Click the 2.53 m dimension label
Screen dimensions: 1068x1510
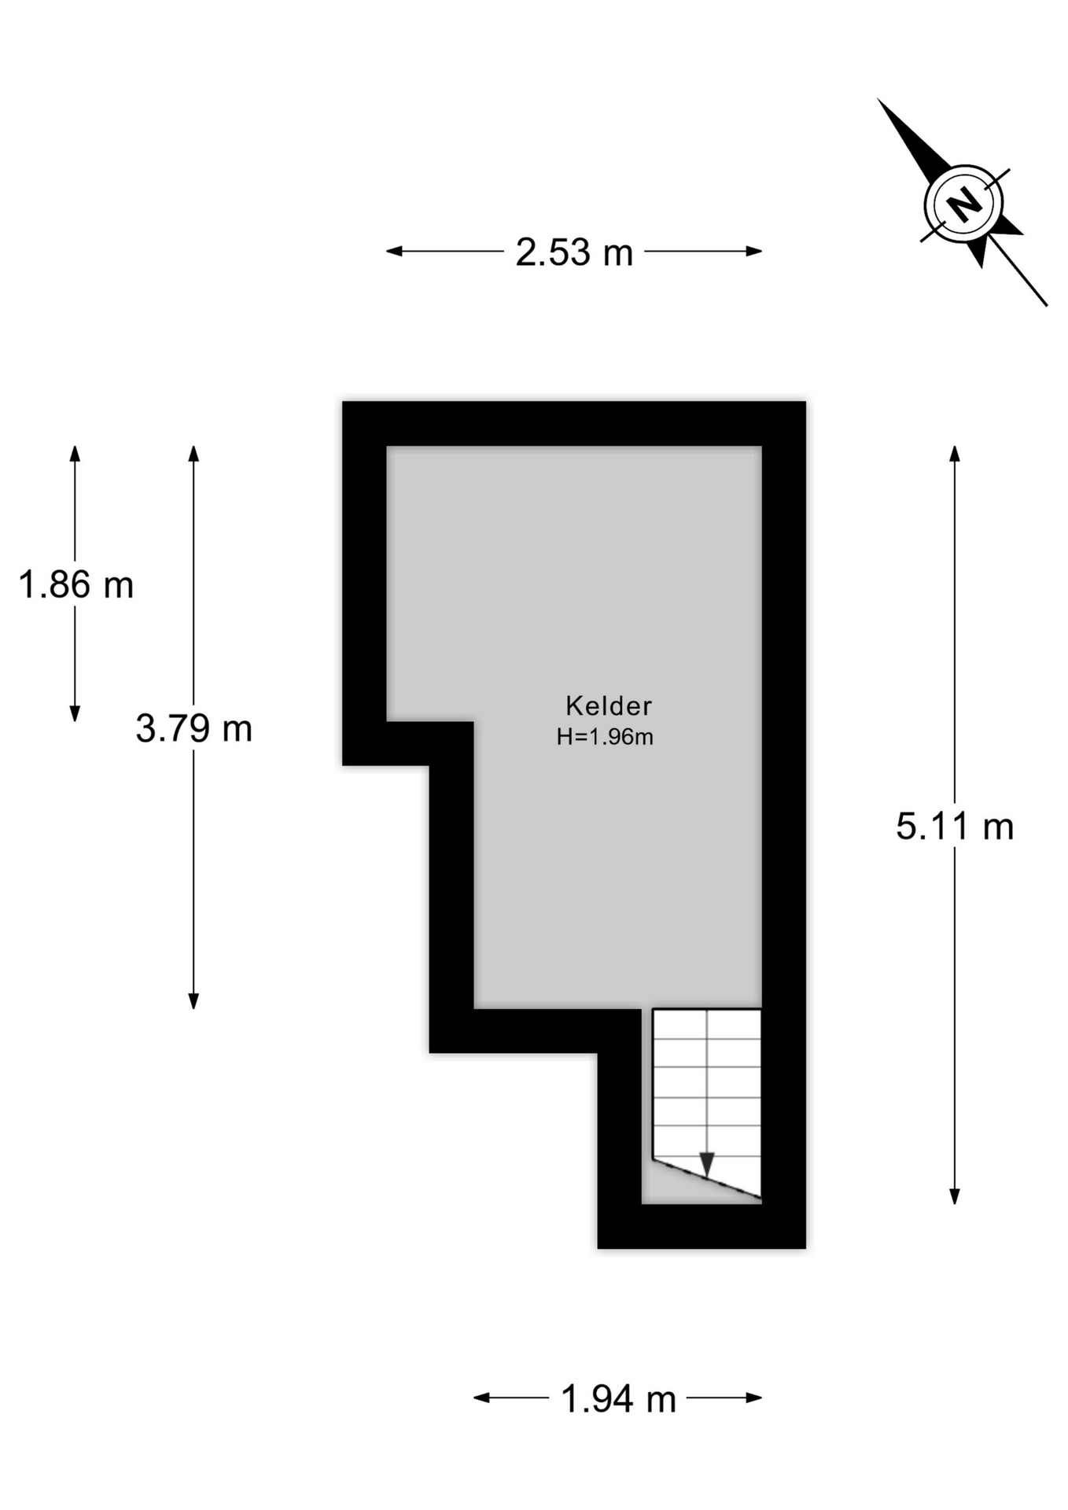(574, 252)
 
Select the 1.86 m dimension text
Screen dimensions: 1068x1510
(75, 585)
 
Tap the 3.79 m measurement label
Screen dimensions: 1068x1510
(193, 728)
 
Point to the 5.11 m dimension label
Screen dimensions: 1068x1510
(955, 827)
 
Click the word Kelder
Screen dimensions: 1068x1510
(609, 705)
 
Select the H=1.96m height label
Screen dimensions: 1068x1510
(605, 737)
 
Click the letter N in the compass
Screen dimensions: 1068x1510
(963, 204)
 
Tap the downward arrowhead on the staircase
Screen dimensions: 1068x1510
(707, 1164)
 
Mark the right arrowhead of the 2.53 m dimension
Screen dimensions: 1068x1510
(754, 252)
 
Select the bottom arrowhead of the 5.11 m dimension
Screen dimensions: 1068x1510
(955, 1196)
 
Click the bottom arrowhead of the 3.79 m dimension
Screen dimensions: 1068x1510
(193, 1001)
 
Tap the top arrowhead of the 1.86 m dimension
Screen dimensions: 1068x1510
(75, 454)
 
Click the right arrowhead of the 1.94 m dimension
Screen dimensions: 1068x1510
(754, 1398)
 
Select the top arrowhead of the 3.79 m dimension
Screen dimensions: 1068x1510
(193, 454)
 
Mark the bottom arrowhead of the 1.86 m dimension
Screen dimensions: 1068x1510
(75, 713)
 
